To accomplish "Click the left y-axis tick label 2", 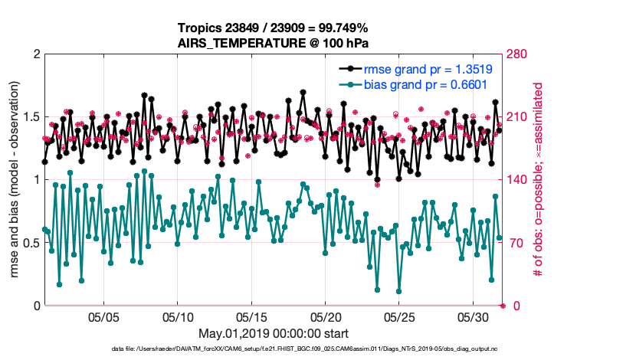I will [36, 54].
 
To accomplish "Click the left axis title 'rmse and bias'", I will [15, 180].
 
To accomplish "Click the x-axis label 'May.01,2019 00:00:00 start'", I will [273, 334].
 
